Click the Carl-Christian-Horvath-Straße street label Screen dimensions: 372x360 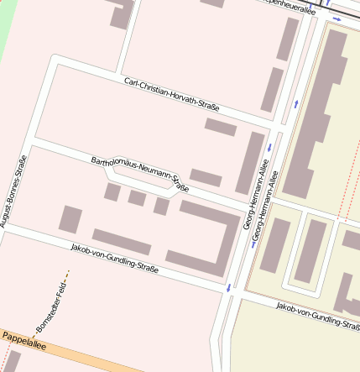pos(171,93)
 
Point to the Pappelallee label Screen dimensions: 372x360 pos(23,339)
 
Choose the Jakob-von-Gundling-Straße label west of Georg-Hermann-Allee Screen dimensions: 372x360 pos(114,259)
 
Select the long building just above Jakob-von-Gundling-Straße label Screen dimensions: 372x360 pos(122,242)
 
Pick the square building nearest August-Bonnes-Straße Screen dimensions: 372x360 pos(70,220)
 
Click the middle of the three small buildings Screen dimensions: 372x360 pos(137,198)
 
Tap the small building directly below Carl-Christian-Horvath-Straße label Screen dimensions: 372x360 pos(221,128)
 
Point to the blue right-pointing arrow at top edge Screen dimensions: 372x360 pos(337,18)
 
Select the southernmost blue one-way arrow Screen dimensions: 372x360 pos(228,288)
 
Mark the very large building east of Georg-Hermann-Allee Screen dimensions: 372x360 pos(319,109)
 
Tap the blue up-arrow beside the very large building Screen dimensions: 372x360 pos(296,105)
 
